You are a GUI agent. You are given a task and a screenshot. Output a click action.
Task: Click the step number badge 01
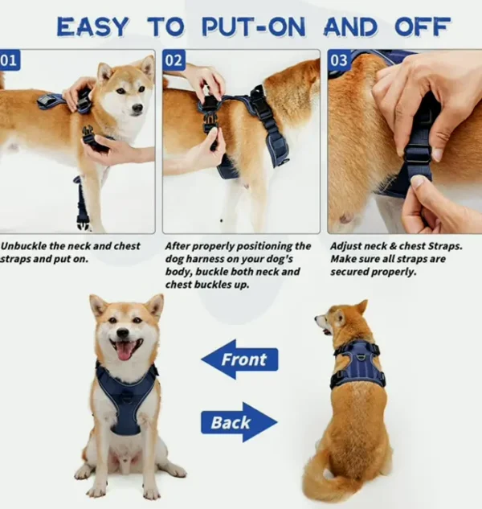(x=10, y=60)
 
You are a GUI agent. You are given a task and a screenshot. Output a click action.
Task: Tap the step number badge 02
(x=174, y=60)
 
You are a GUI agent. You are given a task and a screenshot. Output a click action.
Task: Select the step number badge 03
(x=339, y=60)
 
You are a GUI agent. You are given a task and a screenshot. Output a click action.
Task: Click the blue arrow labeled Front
(x=239, y=359)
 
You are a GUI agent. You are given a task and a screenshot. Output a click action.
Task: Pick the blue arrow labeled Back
(x=239, y=422)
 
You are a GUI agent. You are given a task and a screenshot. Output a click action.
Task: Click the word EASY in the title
(x=92, y=27)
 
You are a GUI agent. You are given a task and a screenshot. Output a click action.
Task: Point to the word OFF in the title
(x=423, y=27)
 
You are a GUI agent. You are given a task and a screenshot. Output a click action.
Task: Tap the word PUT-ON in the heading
(x=254, y=27)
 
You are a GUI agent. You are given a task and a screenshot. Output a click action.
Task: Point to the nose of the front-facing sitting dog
(x=123, y=333)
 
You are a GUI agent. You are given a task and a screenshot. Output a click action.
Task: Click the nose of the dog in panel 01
(x=138, y=108)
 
